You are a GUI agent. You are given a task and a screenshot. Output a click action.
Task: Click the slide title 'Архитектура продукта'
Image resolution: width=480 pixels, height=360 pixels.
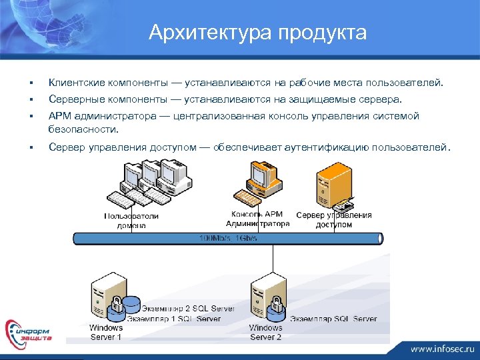click(x=257, y=32)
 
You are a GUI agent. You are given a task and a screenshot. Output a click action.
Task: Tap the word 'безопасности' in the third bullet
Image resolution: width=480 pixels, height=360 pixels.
click(x=83, y=129)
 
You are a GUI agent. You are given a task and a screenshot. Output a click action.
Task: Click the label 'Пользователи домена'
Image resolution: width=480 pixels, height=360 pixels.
click(x=131, y=221)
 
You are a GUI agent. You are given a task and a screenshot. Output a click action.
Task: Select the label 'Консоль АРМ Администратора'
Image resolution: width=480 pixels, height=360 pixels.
click(x=259, y=219)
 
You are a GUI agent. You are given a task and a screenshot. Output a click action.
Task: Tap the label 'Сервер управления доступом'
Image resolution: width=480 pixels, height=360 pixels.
click(x=333, y=220)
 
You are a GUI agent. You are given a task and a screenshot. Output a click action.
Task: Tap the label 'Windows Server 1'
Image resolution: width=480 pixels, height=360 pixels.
click(x=106, y=333)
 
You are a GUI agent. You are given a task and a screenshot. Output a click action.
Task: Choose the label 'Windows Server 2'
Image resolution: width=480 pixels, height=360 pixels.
click(x=265, y=333)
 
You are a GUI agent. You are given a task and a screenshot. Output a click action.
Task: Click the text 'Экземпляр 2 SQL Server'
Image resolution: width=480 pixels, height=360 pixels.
click(x=189, y=309)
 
